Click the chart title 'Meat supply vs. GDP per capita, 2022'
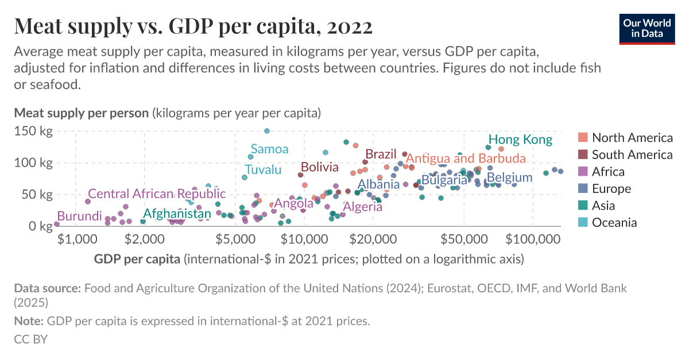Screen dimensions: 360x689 click(193, 26)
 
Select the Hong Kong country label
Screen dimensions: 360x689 click(520, 140)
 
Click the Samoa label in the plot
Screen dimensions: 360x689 click(269, 149)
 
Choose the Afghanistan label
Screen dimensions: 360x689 click(177, 214)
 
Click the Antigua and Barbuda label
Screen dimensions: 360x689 click(466, 158)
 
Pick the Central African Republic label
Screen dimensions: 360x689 click(157, 194)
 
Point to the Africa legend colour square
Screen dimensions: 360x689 click(583, 172)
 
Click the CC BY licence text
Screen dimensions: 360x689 click(30, 339)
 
